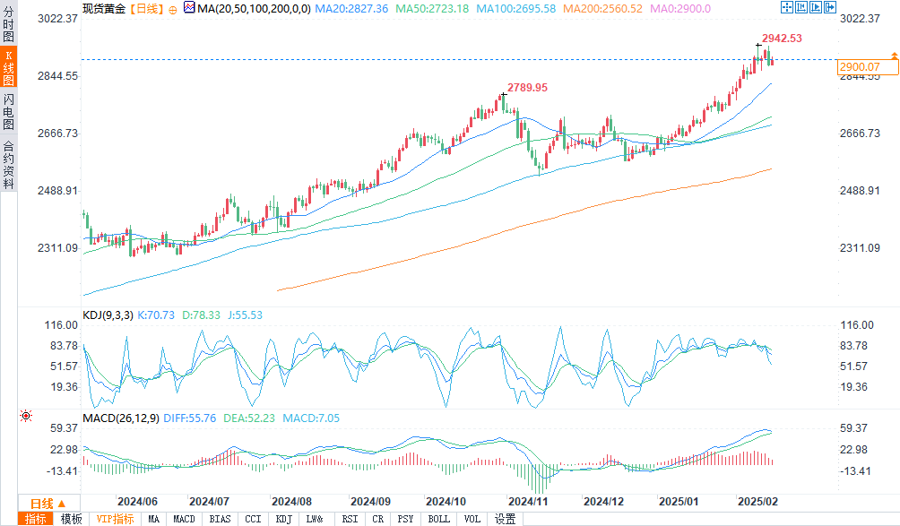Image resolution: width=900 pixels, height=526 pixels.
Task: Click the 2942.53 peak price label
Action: pyautogui.click(x=782, y=39)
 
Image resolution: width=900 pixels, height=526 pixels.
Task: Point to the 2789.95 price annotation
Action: pyautogui.click(x=527, y=88)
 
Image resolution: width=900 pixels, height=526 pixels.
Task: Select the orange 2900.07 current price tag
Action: pyautogui.click(x=859, y=67)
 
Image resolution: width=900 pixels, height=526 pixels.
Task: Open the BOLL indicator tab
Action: pyautogui.click(x=439, y=519)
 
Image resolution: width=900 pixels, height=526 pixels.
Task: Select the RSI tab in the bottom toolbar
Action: pyautogui.click(x=350, y=519)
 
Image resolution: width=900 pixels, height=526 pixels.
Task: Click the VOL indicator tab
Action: pyautogui.click(x=472, y=519)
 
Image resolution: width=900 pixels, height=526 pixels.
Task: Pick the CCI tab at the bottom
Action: pyautogui.click(x=253, y=519)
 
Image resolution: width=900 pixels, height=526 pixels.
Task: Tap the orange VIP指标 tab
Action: pyautogui.click(x=116, y=519)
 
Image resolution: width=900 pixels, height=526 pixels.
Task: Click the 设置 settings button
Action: pyautogui.click(x=505, y=519)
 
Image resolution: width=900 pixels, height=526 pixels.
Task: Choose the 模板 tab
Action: pyautogui.click(x=72, y=519)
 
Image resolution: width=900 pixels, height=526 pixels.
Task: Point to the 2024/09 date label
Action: pyautogui.click(x=371, y=502)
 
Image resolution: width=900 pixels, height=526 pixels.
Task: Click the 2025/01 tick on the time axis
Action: pyautogui.click(x=679, y=502)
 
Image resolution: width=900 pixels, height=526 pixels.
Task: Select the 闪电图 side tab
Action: pyautogui.click(x=8, y=111)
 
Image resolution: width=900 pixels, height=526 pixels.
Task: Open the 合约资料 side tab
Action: pyautogui.click(x=8, y=165)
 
